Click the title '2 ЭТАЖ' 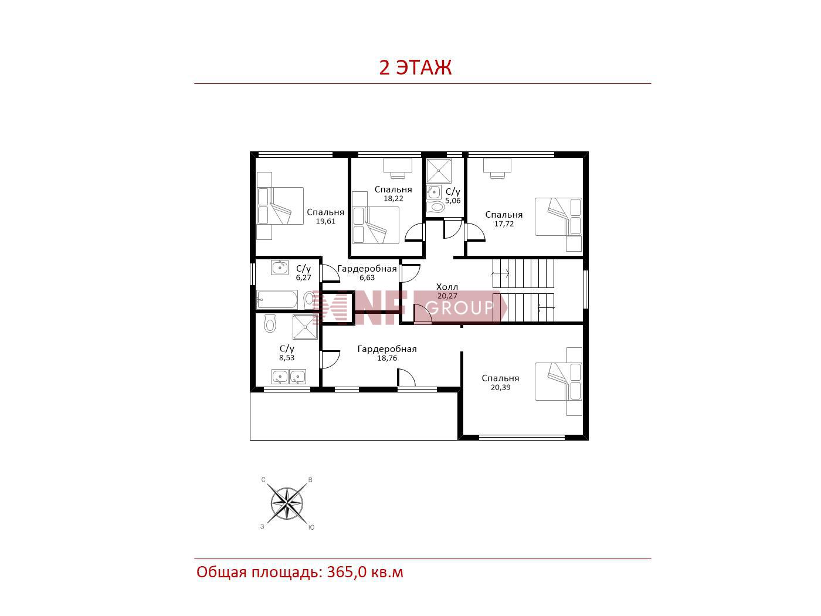[415, 67]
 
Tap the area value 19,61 [325, 221]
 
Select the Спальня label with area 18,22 [393, 189]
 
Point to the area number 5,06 [453, 201]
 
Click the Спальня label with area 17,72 [504, 215]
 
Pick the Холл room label [447, 287]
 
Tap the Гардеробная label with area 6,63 [367, 269]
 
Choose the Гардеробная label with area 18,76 [387, 349]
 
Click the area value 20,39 [500, 387]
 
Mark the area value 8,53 [287, 357]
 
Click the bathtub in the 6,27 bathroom [277, 300]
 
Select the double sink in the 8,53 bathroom [289, 376]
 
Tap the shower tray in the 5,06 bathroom [439, 171]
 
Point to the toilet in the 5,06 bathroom [435, 207]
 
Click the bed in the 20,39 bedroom [558, 381]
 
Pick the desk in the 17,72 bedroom [497, 168]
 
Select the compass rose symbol [287, 504]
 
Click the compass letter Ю [311, 527]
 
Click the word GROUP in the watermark [459, 308]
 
